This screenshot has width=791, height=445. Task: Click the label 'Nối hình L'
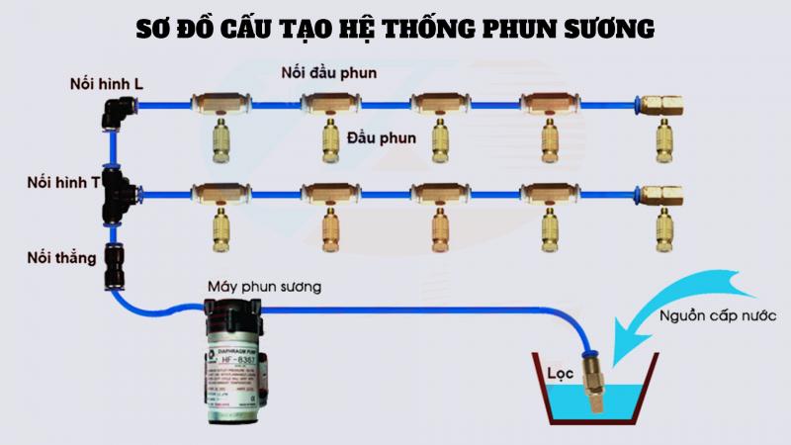pyautogui.click(x=106, y=84)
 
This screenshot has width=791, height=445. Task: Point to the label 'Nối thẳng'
pyautogui.click(x=62, y=259)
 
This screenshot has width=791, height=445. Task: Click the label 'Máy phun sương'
pyautogui.click(x=263, y=287)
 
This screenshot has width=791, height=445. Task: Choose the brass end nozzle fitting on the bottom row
pyautogui.click(x=659, y=194)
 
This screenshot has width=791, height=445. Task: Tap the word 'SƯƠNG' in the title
pyautogui.click(x=605, y=29)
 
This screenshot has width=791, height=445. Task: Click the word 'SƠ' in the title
pyautogui.click(x=153, y=29)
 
